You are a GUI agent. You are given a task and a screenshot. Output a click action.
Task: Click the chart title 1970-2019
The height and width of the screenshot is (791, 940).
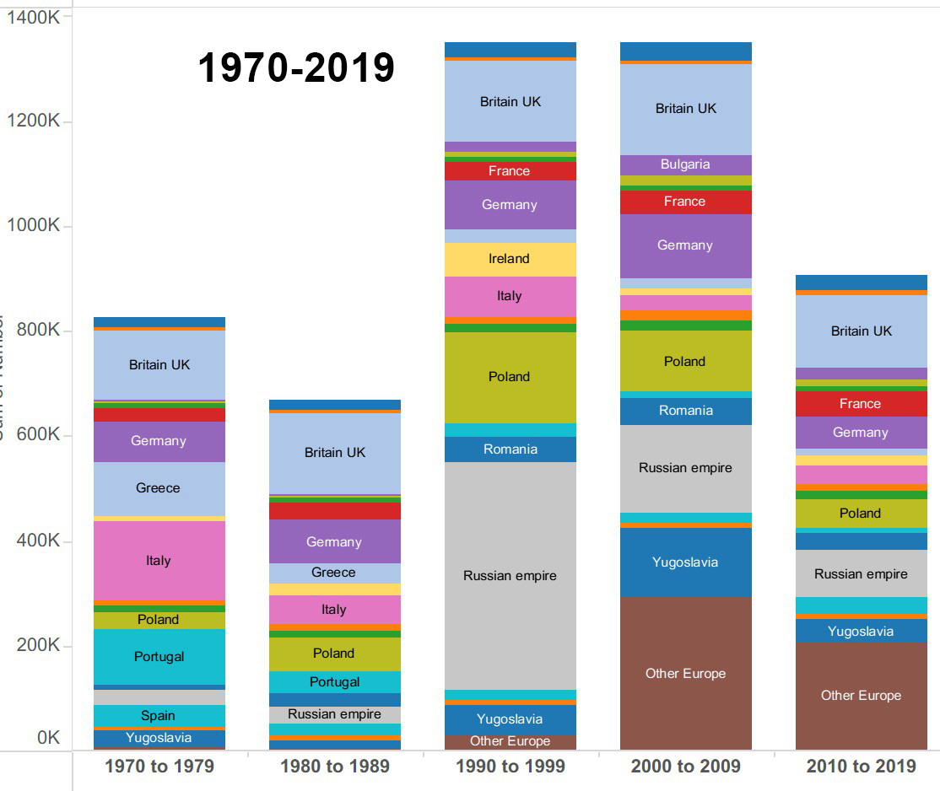pyautogui.click(x=296, y=67)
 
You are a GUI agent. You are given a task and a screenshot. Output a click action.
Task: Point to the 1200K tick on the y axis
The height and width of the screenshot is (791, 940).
pyautogui.click(x=33, y=121)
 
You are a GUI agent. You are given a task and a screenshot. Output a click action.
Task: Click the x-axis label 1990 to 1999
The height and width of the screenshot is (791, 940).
pyautogui.click(x=510, y=767)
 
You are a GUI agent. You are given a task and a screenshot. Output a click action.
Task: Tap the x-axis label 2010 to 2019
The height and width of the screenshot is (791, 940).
pyautogui.click(x=861, y=767)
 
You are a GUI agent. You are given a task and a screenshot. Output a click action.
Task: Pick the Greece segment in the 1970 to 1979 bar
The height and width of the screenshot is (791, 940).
pyautogui.click(x=159, y=488)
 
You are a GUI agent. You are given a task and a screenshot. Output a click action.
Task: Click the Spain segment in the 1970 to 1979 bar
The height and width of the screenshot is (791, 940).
pyautogui.click(x=159, y=715)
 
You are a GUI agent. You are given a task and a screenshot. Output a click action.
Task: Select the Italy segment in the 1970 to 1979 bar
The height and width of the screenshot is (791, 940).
pyautogui.click(x=159, y=561)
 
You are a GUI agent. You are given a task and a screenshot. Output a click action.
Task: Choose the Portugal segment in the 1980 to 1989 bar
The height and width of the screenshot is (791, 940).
pyautogui.click(x=334, y=681)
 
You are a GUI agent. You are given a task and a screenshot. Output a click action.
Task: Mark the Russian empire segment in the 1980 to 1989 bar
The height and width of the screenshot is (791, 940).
pyautogui.click(x=334, y=714)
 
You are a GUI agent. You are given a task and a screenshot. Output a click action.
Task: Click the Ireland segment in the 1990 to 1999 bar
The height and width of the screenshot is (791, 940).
pyautogui.click(x=510, y=259)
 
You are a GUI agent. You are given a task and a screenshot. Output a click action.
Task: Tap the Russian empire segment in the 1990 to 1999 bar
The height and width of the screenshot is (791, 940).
pyautogui.click(x=510, y=576)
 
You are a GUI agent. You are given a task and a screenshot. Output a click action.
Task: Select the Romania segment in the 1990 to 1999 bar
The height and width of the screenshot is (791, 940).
pyautogui.click(x=510, y=449)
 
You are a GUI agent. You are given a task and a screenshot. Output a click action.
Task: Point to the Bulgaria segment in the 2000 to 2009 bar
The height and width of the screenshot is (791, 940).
pyautogui.click(x=685, y=164)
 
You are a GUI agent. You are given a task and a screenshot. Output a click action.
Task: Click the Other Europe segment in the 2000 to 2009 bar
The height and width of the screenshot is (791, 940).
pyautogui.click(x=685, y=673)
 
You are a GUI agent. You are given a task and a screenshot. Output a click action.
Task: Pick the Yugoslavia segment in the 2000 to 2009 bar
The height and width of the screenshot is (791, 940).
pyautogui.click(x=685, y=562)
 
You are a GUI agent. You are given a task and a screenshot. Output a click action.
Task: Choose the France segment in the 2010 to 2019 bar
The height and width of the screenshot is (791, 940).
pyautogui.click(x=861, y=404)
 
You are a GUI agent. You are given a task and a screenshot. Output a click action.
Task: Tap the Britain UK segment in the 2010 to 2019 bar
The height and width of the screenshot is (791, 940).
pyautogui.click(x=861, y=331)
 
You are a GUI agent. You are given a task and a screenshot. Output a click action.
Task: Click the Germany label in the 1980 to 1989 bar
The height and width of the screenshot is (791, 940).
pyautogui.click(x=334, y=542)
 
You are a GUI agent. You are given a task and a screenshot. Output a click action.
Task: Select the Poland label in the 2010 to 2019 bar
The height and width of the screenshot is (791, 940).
pyautogui.click(x=861, y=514)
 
